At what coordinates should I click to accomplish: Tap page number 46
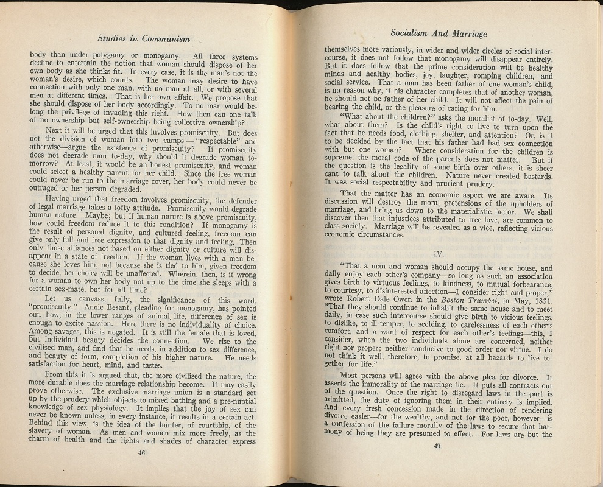coord(141,452)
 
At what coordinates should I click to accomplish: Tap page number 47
coord(437,445)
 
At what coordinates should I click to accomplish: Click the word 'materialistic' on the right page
coord(480,212)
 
